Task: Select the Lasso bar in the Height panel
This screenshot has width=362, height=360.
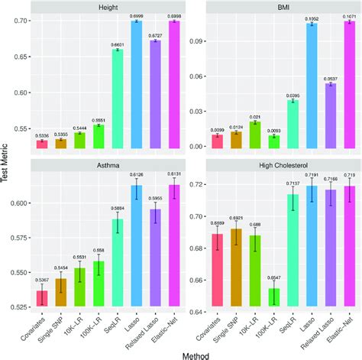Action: point(137,84)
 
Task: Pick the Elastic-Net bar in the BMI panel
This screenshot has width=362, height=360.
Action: point(349,84)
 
